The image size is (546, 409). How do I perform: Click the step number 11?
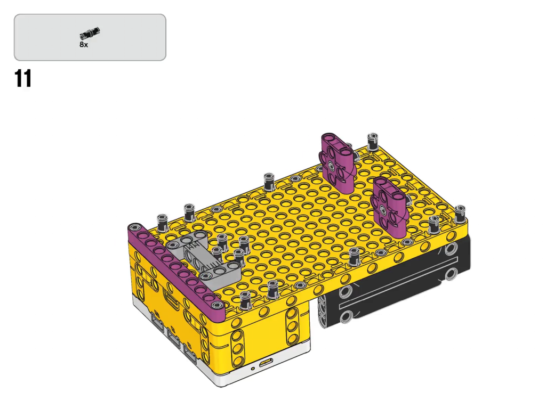click(x=23, y=78)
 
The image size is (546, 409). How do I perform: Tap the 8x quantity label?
click(x=84, y=45)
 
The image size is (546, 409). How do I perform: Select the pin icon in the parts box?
click(x=90, y=32)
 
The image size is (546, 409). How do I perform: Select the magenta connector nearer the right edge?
click(x=389, y=205)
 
